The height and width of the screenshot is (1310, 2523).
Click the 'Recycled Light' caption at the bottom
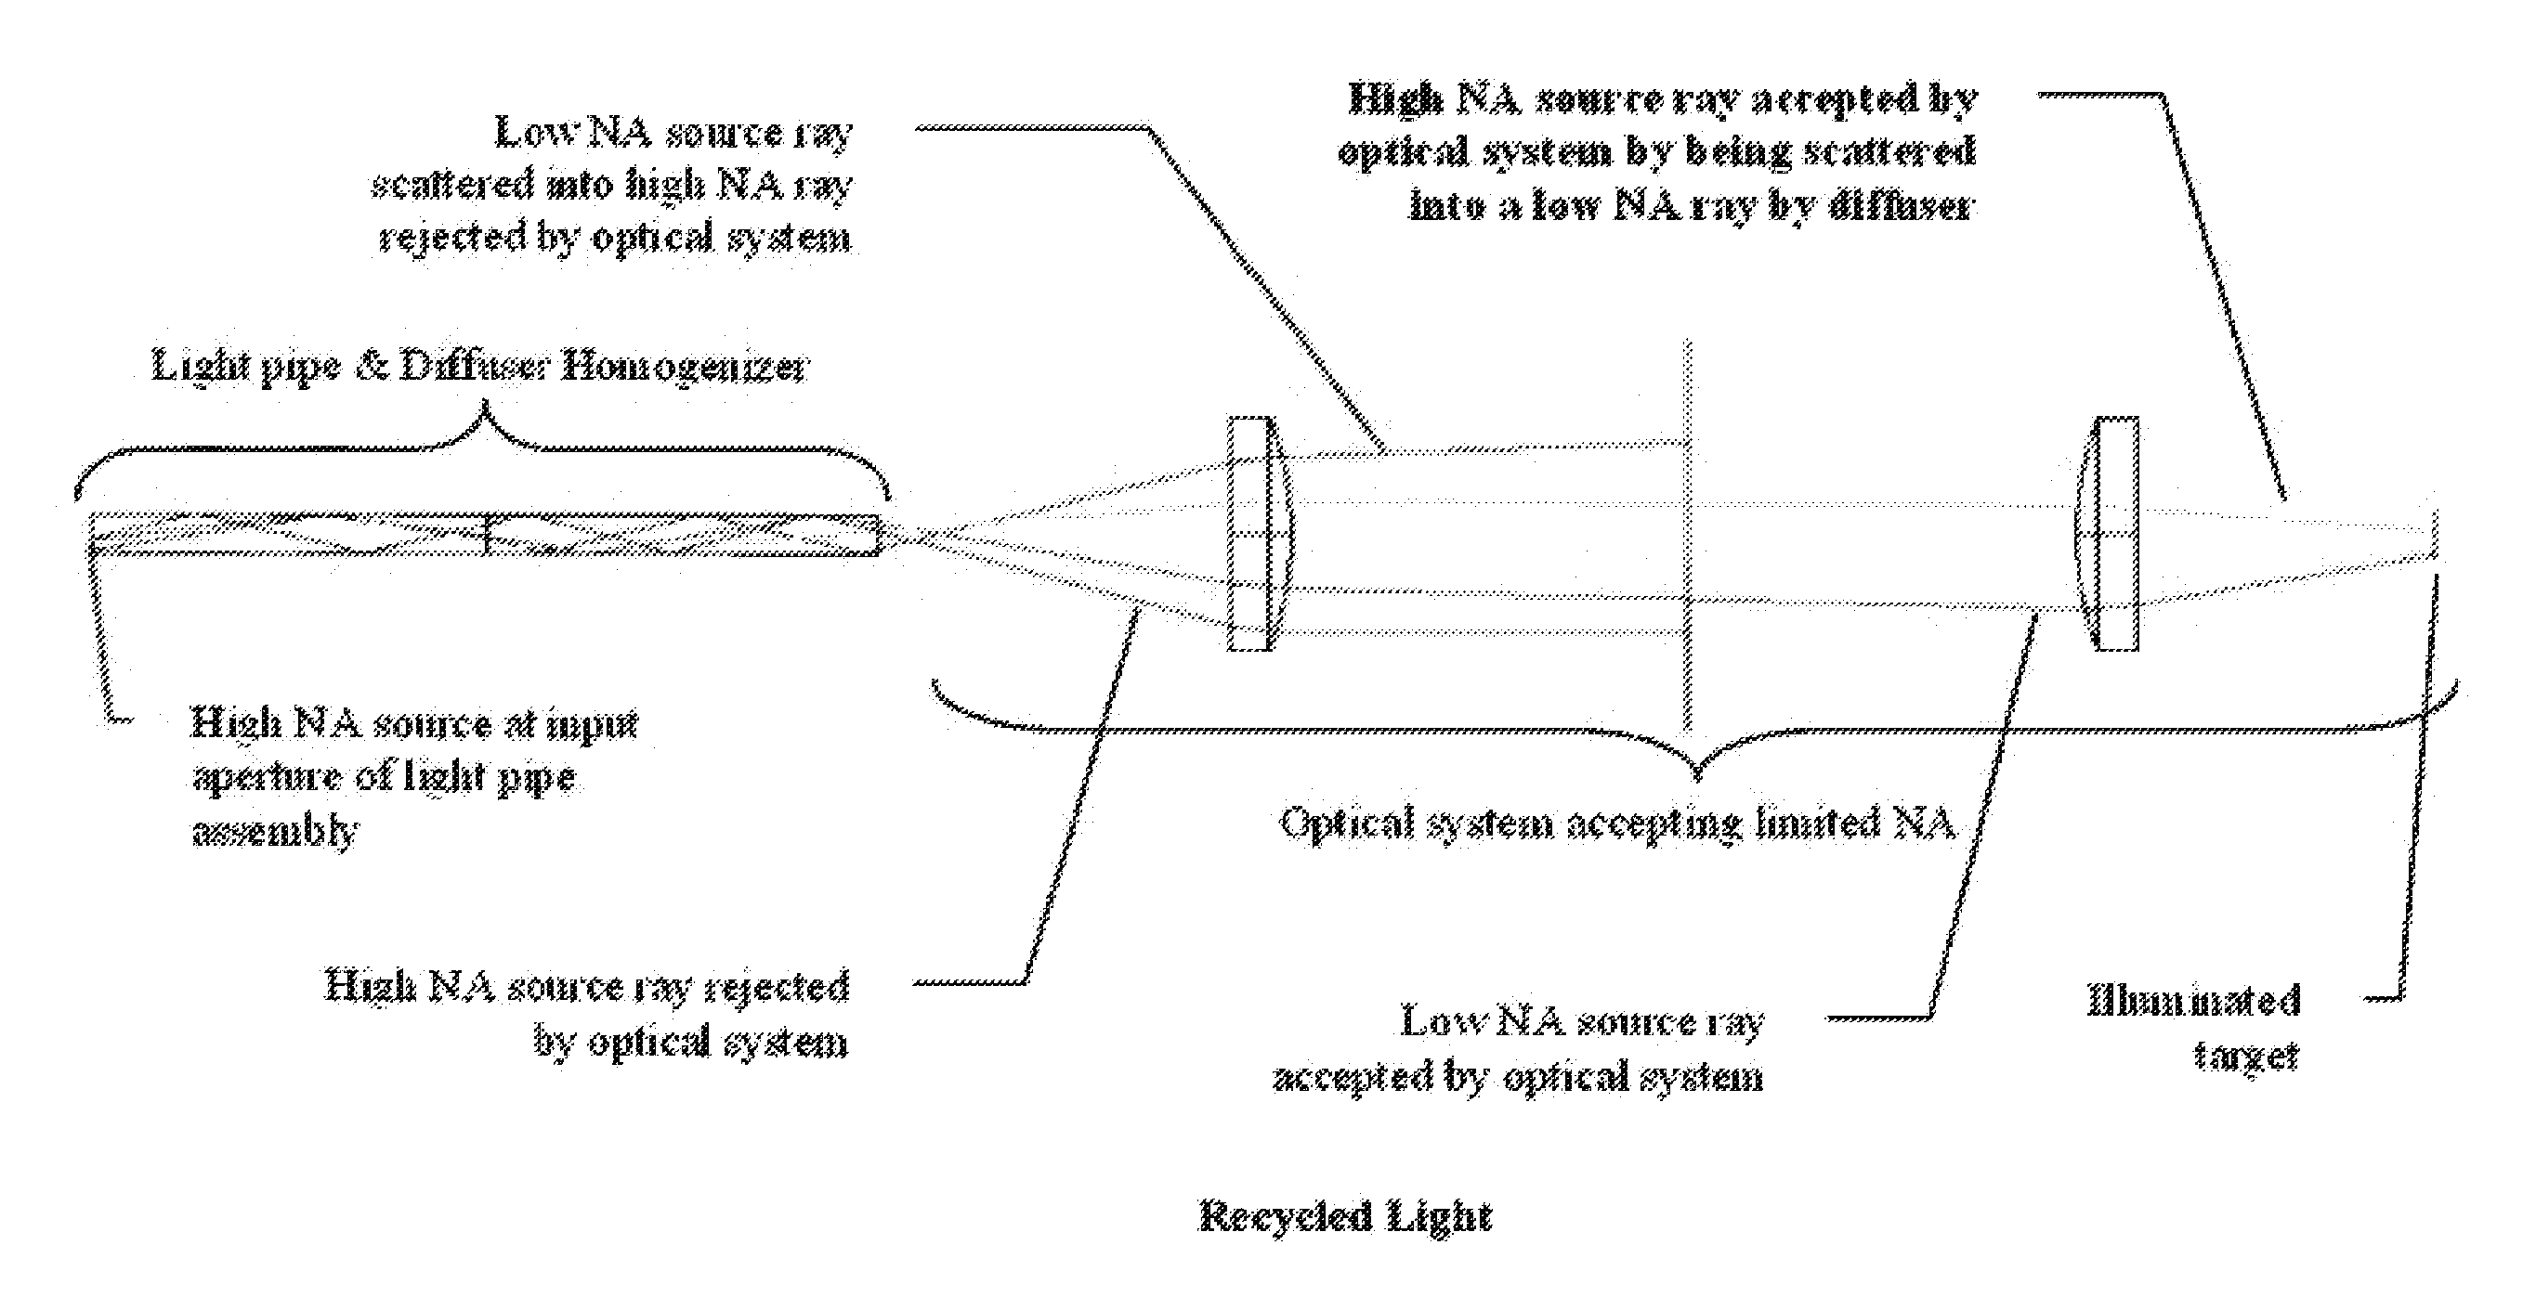1345,1217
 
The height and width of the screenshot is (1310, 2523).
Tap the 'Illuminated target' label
2194,1027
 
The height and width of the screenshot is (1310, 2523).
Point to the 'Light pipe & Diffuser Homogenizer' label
480,367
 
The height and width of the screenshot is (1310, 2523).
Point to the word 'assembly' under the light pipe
275,830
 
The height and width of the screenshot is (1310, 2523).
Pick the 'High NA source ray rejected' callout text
588,1013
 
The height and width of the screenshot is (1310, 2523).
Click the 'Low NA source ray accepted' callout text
1519,1048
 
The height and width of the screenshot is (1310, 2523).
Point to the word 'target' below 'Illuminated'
2246,1056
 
